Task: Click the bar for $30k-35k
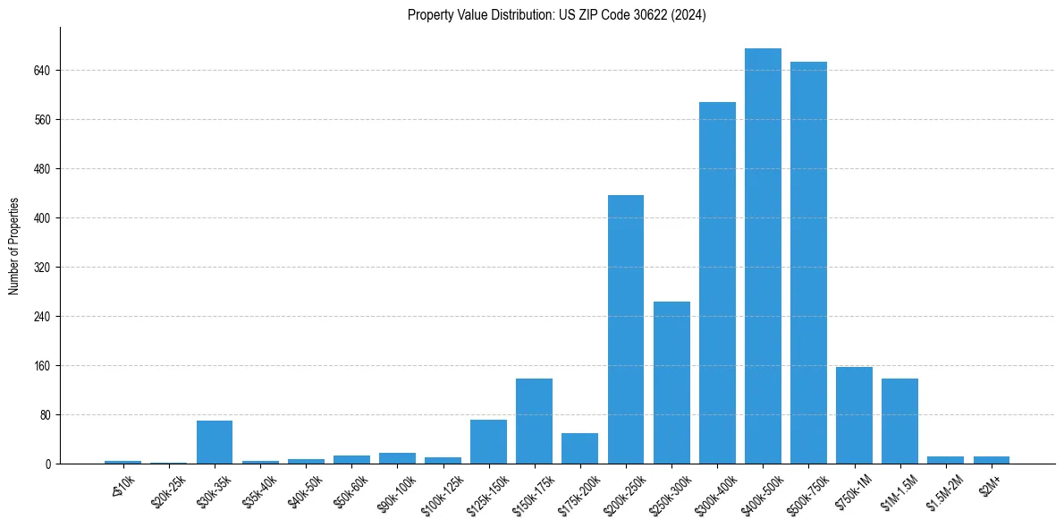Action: pos(215,442)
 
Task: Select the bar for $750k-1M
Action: pos(854,415)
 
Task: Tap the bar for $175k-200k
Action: pos(579,448)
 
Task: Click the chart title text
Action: pos(556,15)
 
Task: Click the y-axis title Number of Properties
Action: pos(14,246)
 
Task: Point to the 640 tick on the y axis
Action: pos(41,70)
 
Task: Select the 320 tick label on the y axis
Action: pos(41,267)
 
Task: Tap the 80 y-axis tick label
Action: pos(44,414)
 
